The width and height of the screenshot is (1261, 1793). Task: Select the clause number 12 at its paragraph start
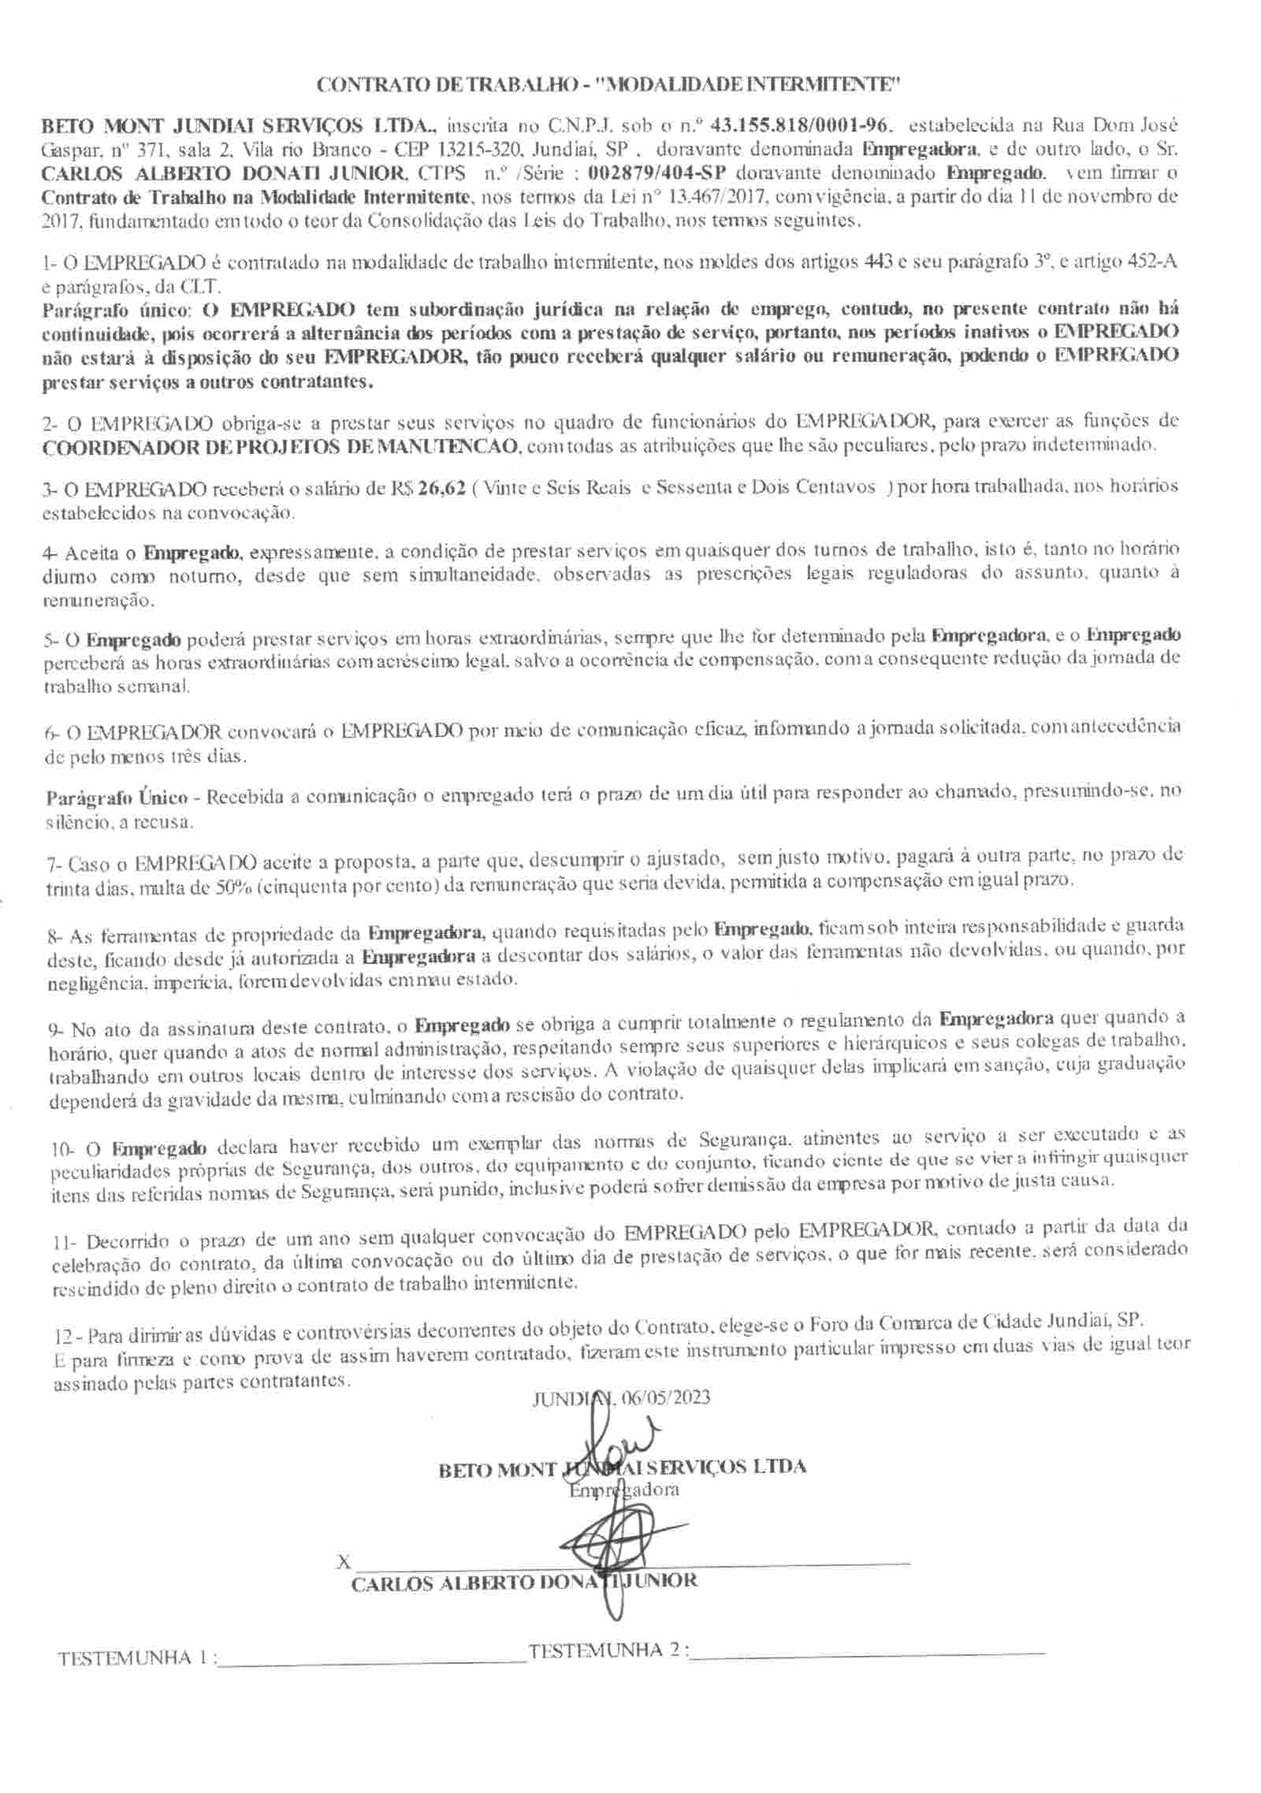pos(65,1337)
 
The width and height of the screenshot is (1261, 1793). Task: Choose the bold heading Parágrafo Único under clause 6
pos(117,797)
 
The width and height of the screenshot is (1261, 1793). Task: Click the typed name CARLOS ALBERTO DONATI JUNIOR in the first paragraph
pos(224,173)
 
